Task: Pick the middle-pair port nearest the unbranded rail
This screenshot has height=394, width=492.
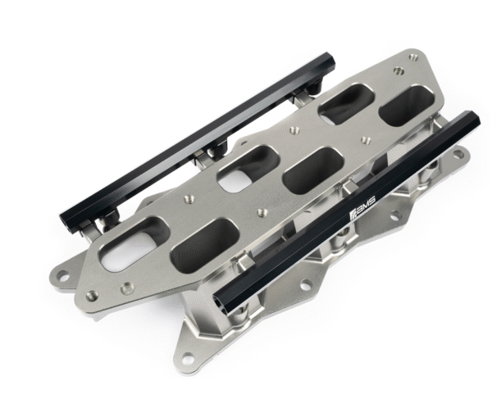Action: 248,168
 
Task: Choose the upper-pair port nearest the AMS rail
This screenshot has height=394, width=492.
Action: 407,106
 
